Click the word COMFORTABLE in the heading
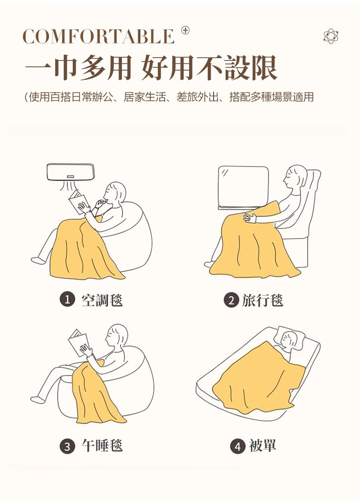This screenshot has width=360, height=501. (x=98, y=37)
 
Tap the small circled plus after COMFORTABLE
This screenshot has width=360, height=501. (x=185, y=31)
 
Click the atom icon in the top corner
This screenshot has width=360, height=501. (x=331, y=36)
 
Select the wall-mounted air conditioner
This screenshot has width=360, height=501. (x=71, y=172)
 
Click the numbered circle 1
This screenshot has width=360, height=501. (x=67, y=300)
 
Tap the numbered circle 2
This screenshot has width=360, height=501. (x=231, y=300)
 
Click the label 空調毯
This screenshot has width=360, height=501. (x=102, y=300)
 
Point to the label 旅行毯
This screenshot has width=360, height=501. (x=263, y=300)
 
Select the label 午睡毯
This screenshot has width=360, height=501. (x=102, y=446)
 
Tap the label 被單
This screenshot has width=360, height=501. (x=263, y=446)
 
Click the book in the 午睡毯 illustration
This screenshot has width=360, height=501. (x=78, y=342)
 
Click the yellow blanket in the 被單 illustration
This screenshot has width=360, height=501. (x=259, y=379)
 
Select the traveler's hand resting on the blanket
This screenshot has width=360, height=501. (x=250, y=218)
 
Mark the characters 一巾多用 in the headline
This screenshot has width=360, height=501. (x=78, y=68)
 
